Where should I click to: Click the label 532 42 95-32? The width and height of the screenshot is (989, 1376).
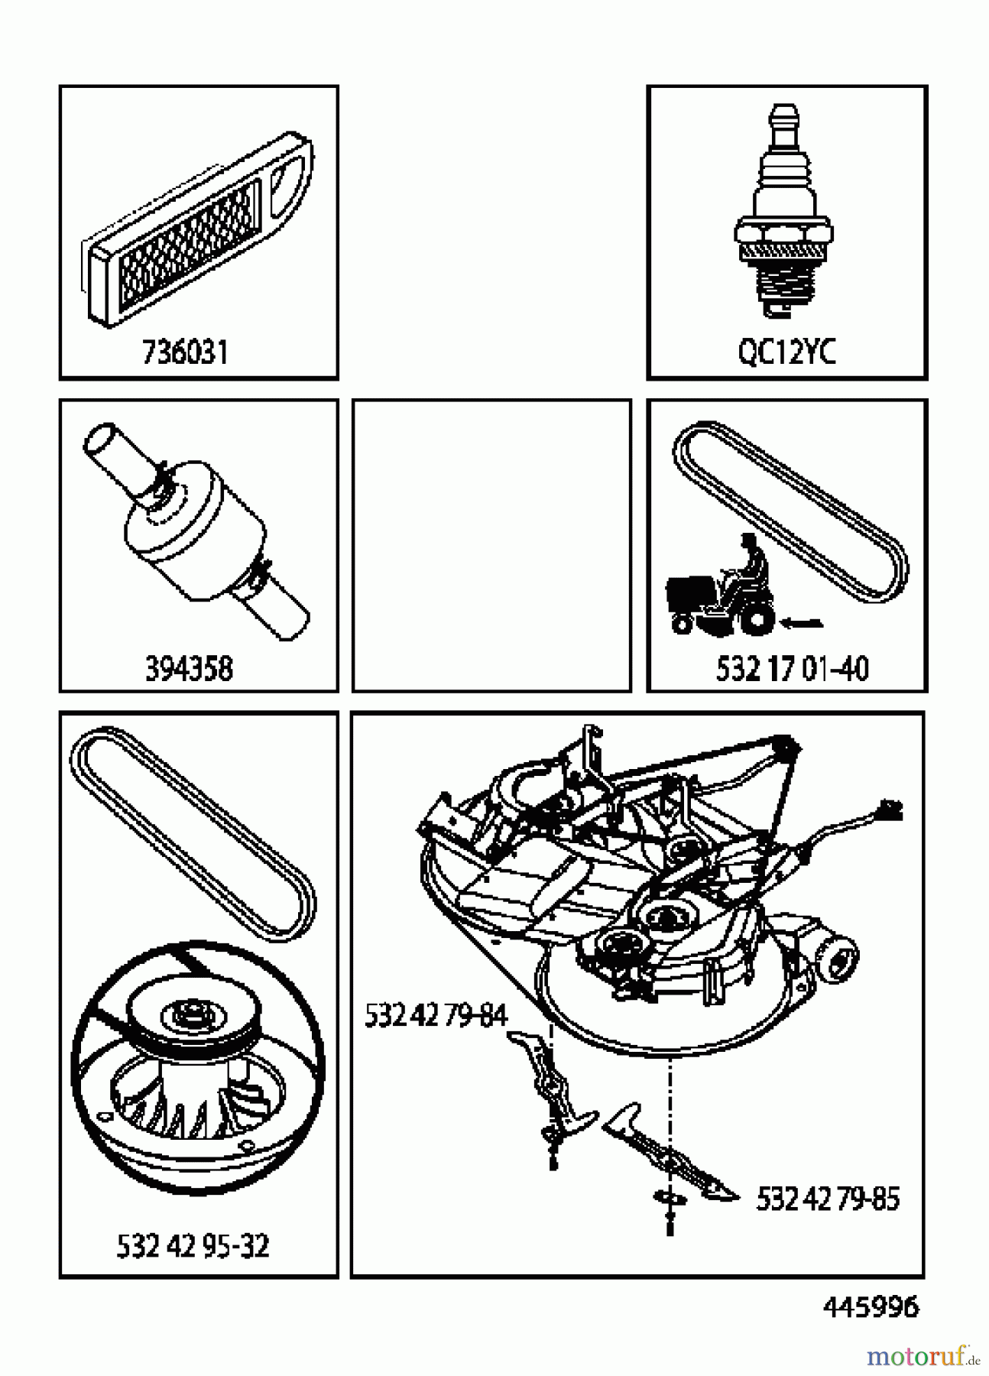[193, 1247]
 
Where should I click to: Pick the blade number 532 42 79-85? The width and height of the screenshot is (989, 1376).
[828, 1198]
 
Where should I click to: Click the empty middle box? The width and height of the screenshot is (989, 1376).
[491, 544]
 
